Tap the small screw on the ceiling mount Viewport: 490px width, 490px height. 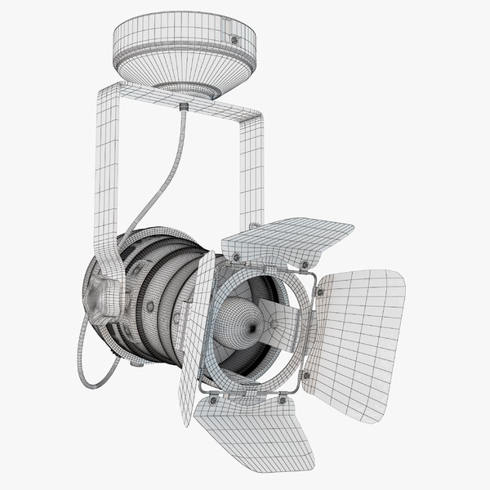click(234, 39)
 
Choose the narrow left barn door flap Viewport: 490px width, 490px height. click(197, 335)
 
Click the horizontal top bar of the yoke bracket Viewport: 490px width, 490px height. click(180, 102)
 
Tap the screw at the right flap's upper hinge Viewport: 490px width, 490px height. click(318, 292)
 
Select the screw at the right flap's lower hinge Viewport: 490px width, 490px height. click(306, 375)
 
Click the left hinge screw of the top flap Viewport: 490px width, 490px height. click(237, 257)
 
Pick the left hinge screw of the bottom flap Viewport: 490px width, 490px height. click(213, 400)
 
